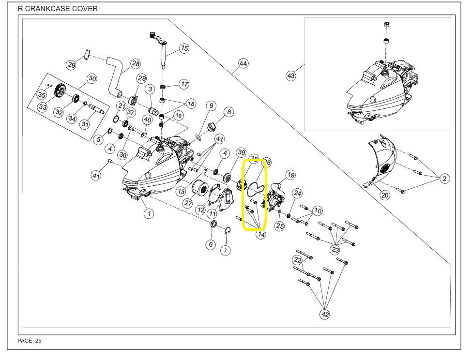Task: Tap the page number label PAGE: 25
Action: click(30, 341)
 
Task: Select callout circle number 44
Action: click(243, 64)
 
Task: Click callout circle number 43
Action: click(291, 76)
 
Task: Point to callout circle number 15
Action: click(184, 48)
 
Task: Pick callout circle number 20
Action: click(385, 195)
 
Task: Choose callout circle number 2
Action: click(444, 179)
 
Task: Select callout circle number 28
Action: click(136, 64)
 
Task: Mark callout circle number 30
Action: click(92, 78)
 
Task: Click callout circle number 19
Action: click(290, 175)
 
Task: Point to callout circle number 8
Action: click(229, 112)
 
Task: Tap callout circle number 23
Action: click(335, 250)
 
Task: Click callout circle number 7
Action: click(226, 250)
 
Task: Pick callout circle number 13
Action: click(181, 192)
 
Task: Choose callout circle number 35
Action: click(42, 95)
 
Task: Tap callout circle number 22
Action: click(297, 260)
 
